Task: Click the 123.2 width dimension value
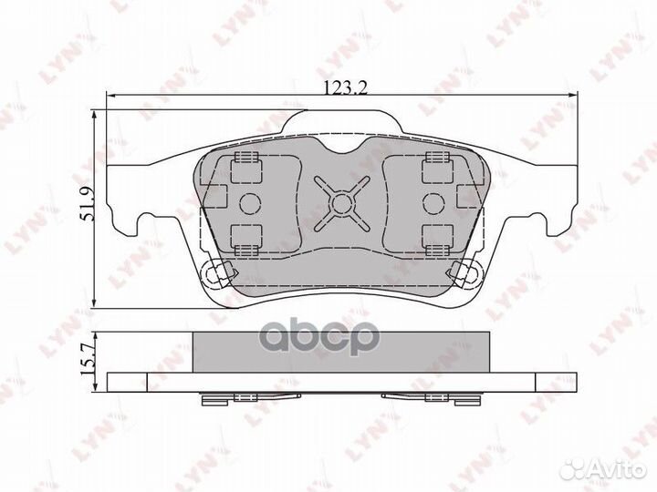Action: pyautogui.click(x=340, y=88)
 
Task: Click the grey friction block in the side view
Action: pyautogui.click(x=340, y=351)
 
